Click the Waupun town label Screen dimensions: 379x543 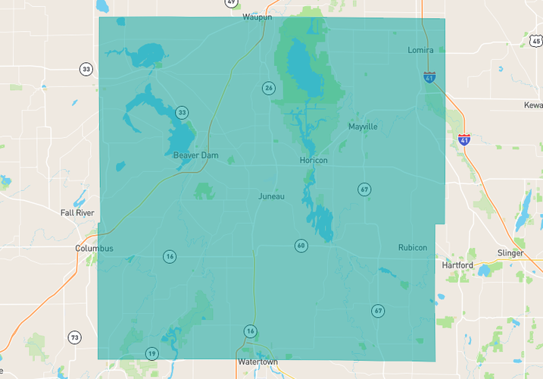(257, 17)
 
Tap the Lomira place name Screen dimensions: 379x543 (420, 50)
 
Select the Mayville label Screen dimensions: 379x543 (363, 127)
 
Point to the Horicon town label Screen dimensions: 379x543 (314, 160)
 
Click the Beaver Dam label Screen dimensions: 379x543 (195, 155)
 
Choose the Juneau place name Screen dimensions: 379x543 (271, 196)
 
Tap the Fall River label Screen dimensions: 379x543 (77, 213)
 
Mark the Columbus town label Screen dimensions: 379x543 (94, 249)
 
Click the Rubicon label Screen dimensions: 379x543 (413, 248)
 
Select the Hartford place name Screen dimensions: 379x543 (457, 265)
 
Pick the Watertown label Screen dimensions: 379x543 (257, 362)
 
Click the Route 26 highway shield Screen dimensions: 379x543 (268, 88)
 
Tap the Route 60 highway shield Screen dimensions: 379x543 (301, 246)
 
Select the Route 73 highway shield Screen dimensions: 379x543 (74, 337)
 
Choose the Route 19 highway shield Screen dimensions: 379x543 (151, 353)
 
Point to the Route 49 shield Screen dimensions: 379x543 (231, 3)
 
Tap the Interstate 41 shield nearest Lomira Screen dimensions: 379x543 (429, 77)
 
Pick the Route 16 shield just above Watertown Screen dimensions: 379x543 (250, 331)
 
